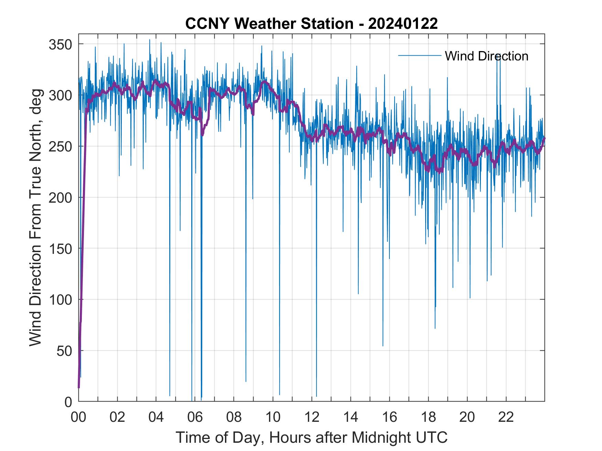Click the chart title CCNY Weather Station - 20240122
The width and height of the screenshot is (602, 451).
click(311, 24)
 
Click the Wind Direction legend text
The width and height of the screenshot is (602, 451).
click(486, 56)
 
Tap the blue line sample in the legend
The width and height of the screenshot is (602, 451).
click(420, 55)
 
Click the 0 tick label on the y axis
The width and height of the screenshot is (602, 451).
click(68, 402)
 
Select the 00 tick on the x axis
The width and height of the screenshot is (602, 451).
click(78, 417)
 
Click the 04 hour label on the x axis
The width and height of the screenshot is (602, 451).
click(156, 417)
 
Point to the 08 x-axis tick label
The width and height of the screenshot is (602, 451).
click(234, 417)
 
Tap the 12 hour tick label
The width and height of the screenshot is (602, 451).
click(312, 417)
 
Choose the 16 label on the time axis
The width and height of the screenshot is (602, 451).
click(389, 417)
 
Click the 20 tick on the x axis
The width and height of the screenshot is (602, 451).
click(467, 417)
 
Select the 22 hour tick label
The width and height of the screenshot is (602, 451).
click(506, 417)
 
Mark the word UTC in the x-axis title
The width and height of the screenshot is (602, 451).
click(431, 437)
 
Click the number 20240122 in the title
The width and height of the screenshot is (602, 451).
click(403, 24)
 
